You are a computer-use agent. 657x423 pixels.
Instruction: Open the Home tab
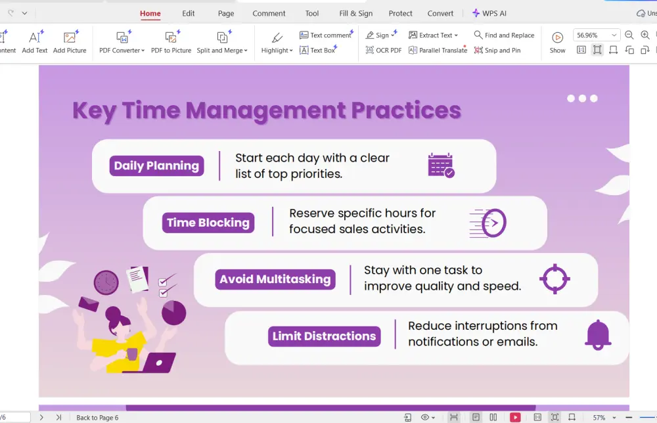(150, 13)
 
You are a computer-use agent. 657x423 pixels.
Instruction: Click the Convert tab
(440, 13)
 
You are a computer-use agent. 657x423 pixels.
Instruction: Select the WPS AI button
(489, 13)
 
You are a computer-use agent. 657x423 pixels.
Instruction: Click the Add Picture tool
(70, 42)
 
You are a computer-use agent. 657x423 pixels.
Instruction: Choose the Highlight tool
(277, 43)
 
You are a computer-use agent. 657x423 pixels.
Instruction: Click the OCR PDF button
(384, 51)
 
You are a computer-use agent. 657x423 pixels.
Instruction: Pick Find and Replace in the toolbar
(504, 35)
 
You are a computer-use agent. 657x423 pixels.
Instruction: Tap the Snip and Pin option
(497, 51)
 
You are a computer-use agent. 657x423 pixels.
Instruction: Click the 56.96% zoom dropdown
(596, 35)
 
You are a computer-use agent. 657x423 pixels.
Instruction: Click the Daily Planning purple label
(157, 166)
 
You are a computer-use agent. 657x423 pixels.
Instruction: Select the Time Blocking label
(208, 223)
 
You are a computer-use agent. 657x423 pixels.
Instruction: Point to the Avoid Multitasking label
(275, 279)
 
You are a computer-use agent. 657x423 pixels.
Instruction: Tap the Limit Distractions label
(325, 336)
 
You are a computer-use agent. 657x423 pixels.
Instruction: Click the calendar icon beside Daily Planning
(441, 166)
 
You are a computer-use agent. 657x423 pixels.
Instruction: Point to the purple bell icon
(598, 334)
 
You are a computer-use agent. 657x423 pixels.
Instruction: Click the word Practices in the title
(406, 110)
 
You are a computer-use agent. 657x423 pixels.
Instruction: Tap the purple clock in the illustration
(106, 282)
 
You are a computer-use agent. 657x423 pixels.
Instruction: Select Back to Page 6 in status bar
(97, 418)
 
